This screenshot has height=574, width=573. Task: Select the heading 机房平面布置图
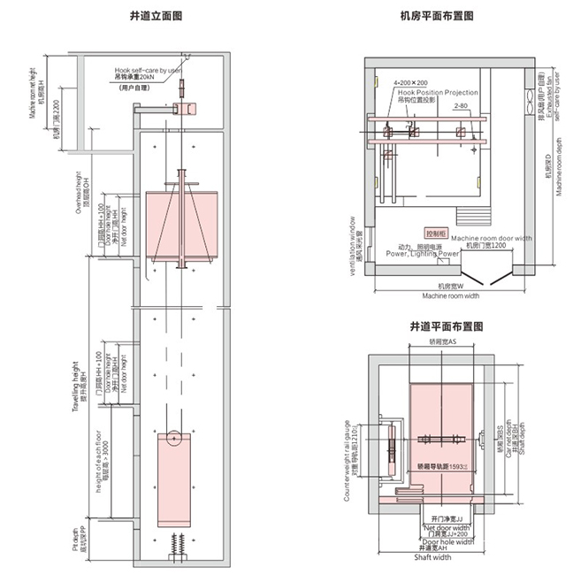click(x=437, y=16)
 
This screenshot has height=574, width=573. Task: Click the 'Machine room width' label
click(x=448, y=295)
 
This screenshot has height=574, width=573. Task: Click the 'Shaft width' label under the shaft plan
click(x=433, y=557)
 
